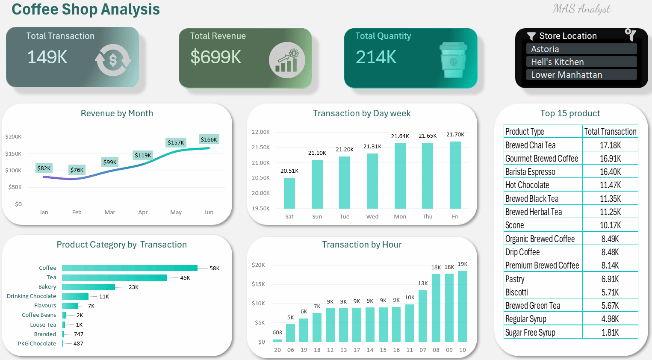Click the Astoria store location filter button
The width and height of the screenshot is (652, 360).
(x=581, y=49)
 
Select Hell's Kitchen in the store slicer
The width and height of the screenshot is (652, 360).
(x=581, y=62)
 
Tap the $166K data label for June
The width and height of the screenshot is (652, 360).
(x=209, y=139)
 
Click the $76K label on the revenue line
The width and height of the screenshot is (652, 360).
(x=77, y=170)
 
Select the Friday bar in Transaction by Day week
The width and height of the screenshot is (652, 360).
(x=455, y=175)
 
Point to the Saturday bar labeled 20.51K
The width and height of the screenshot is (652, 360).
(x=289, y=193)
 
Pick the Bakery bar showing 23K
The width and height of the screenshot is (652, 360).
(x=89, y=287)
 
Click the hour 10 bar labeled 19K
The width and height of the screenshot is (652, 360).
(x=462, y=306)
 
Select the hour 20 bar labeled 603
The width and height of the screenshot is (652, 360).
(x=277, y=340)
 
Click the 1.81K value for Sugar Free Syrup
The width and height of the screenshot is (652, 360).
(x=610, y=333)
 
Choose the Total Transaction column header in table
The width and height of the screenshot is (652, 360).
(x=610, y=132)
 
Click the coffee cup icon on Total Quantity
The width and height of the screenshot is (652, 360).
(x=453, y=60)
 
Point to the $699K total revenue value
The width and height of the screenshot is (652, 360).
(x=216, y=57)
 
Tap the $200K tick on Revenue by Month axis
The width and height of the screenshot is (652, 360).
(x=13, y=137)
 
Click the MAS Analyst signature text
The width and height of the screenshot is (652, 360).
(x=581, y=9)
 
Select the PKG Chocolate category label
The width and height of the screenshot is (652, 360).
(x=37, y=343)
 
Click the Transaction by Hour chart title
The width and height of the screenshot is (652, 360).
(x=362, y=245)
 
